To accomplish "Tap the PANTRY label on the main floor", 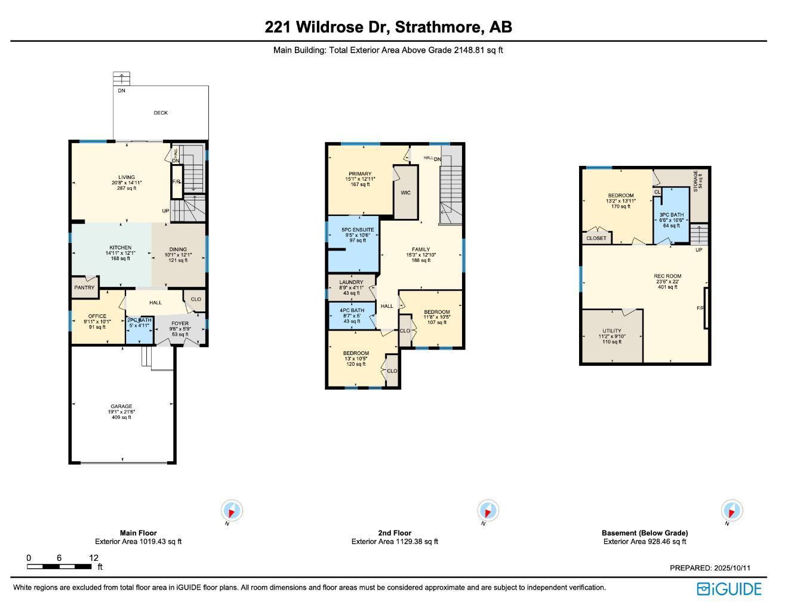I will pyautogui.click(x=85, y=288).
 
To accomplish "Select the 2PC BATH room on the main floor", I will pyautogui.click(x=138, y=323).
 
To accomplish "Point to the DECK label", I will pyautogui.click(x=161, y=113).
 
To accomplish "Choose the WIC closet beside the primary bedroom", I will pyautogui.click(x=405, y=193).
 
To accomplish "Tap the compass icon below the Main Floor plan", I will pyautogui.click(x=232, y=511).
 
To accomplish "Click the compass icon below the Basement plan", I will pyautogui.click(x=732, y=511).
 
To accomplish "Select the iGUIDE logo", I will pyautogui.click(x=729, y=589).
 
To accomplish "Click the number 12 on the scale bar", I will pyautogui.click(x=94, y=558).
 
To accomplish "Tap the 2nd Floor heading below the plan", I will pyautogui.click(x=395, y=533).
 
